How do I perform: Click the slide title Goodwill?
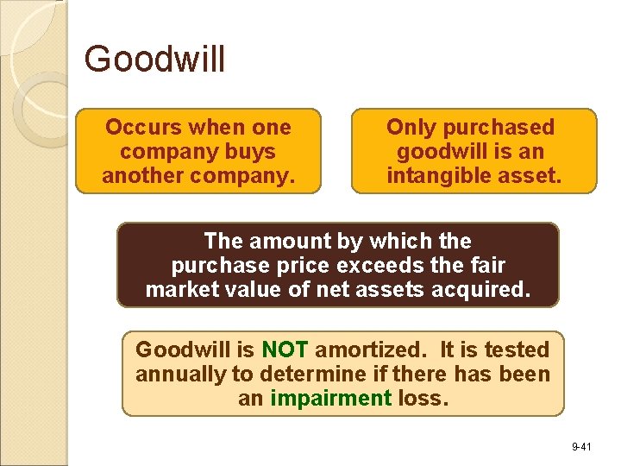(x=155, y=60)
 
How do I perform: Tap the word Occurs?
(x=143, y=128)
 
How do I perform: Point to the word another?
(x=144, y=176)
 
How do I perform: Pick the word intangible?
(x=436, y=176)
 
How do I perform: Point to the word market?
(x=179, y=289)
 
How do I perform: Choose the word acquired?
(x=484, y=289)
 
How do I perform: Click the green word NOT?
(x=285, y=349)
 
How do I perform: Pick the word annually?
(x=176, y=374)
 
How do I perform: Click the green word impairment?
(x=331, y=398)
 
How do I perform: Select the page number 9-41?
(x=580, y=447)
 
